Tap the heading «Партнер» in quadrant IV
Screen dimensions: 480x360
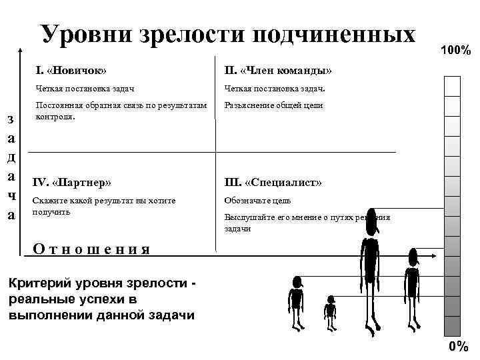coord(81,182)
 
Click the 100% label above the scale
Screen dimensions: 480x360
coord(456,51)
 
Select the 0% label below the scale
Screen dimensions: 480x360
coord(459,346)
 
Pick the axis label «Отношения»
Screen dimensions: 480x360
coord(91,249)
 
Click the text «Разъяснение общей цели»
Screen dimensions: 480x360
coord(273,105)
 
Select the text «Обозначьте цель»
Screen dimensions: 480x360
coord(257,200)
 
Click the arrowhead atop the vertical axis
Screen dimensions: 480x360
coord(22,49)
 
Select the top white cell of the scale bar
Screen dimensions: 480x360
coord(453,86)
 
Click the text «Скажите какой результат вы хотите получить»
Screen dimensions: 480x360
coord(103,205)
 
